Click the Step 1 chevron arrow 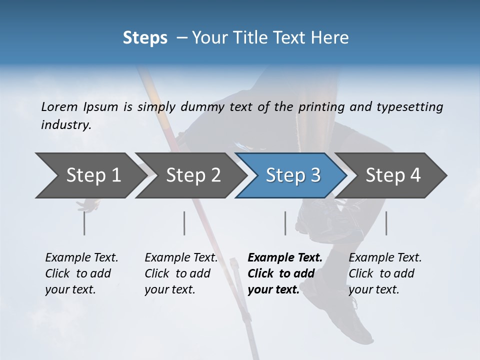90,175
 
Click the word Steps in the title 145,38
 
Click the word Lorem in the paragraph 59,106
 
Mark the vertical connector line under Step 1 84,223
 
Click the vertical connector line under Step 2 184,223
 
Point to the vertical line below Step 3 285,223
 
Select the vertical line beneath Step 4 386,223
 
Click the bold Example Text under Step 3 285,258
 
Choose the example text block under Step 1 81,273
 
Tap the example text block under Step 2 181,273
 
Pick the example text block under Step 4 385,273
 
